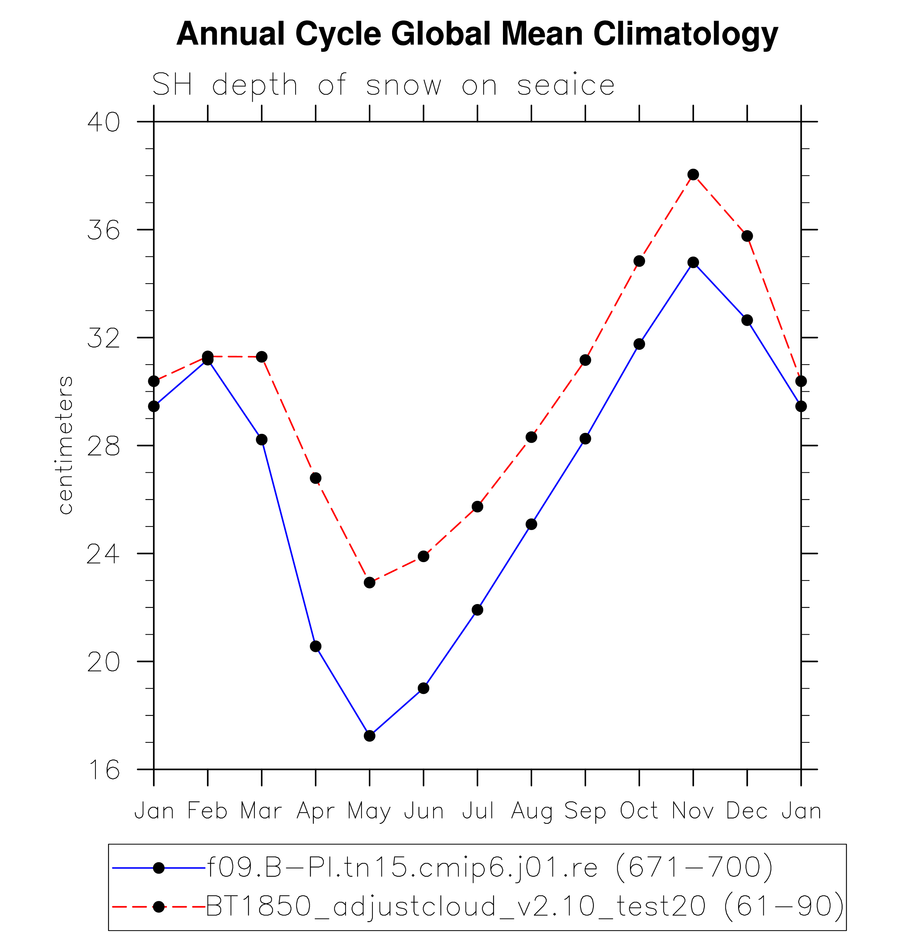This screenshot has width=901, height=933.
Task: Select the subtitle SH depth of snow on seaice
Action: [383, 85]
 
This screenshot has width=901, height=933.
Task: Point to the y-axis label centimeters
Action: [66, 445]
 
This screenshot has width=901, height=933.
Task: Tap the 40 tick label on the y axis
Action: [103, 122]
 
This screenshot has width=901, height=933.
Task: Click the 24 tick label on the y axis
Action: [103, 554]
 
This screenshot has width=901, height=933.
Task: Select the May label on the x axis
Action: [369, 811]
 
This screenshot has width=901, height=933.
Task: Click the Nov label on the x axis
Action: [693, 811]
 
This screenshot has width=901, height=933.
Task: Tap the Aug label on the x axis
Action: [531, 811]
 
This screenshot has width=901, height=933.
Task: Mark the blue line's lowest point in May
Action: [370, 736]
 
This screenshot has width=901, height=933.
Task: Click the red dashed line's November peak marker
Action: [693, 175]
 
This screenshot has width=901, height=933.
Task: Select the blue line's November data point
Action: [693, 262]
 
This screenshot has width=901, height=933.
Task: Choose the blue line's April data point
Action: [315, 646]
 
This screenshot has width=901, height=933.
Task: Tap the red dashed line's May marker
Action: [370, 582]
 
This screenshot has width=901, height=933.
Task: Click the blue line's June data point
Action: [423, 688]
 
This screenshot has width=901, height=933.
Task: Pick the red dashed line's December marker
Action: [747, 236]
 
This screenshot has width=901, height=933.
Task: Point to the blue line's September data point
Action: [585, 438]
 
